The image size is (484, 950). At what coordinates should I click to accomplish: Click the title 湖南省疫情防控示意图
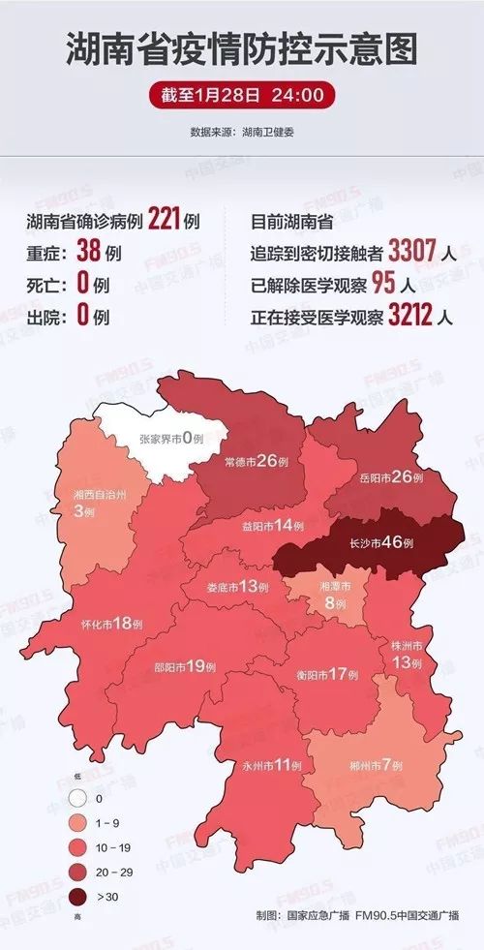(242, 49)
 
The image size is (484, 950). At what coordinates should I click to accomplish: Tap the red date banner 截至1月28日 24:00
(242, 97)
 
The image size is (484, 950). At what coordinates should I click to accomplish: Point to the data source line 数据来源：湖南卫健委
(242, 131)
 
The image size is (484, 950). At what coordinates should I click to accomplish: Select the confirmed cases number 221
(164, 222)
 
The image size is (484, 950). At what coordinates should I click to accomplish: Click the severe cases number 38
(88, 254)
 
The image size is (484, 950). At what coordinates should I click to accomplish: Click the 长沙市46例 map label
(380, 542)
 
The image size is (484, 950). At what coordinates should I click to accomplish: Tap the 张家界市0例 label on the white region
(170, 439)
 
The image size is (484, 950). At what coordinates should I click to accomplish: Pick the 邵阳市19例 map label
(185, 666)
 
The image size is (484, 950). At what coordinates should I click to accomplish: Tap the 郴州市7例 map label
(375, 764)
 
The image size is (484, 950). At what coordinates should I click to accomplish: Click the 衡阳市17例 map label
(328, 673)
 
